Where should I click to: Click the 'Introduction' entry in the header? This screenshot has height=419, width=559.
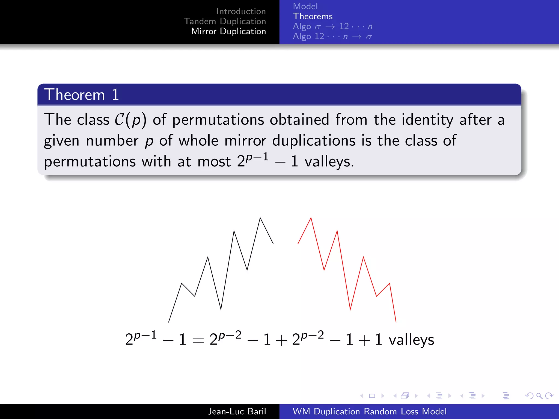click(x=241, y=11)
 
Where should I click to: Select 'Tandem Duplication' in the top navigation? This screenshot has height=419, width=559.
click(x=225, y=21)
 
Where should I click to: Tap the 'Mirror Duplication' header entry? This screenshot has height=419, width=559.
click(x=228, y=31)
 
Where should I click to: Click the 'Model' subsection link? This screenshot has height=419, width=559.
click(x=305, y=6)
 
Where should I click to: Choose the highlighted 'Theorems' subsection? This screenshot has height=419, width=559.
click(x=313, y=16)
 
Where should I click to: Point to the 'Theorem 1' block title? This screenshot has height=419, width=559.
click(x=81, y=95)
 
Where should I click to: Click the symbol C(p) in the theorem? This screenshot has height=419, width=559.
click(x=130, y=120)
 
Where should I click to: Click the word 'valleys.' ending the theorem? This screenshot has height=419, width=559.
click(x=329, y=161)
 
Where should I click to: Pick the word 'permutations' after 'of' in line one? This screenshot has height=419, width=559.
click(x=218, y=120)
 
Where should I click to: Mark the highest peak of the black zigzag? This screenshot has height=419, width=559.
click(x=260, y=218)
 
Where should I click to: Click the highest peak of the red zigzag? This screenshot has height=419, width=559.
click(x=311, y=218)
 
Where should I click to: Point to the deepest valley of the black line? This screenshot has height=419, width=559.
click(x=221, y=310)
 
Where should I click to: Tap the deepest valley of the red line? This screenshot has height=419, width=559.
click(x=350, y=310)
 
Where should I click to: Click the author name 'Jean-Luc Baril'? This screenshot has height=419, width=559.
click(x=237, y=411)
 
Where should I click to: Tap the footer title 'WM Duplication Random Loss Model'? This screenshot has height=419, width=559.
click(x=369, y=411)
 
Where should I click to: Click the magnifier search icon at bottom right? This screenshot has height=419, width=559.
click(x=539, y=396)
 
